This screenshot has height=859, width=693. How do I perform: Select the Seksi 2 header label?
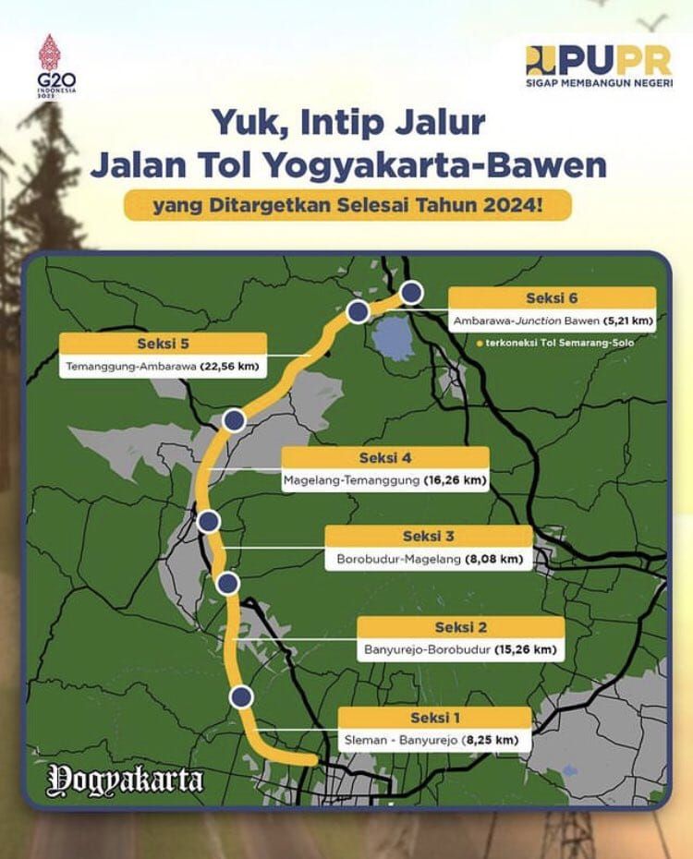tap(460, 628)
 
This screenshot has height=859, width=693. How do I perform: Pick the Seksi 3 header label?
tap(429, 537)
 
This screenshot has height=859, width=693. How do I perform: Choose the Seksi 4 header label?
tap(384, 458)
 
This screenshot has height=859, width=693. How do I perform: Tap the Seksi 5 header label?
tap(163, 344)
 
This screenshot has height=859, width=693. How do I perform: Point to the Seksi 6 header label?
tap(552, 298)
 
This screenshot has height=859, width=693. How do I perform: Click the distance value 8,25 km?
tap(490, 740)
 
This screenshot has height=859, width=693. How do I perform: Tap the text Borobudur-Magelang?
tap(401, 559)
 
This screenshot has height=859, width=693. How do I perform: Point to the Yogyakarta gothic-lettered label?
tap(126, 779)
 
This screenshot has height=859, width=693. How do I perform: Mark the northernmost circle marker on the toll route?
tap(411, 294)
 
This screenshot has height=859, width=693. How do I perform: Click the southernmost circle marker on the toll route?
tap(242, 696)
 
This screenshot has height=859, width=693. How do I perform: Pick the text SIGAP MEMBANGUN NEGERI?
tap(599, 83)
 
